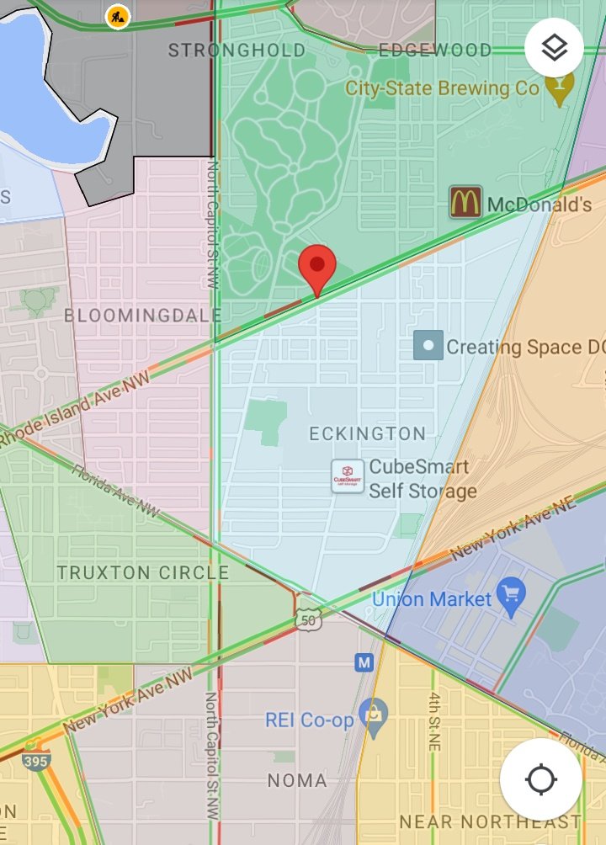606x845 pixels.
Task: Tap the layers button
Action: (x=554, y=48)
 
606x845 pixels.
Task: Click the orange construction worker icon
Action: (x=118, y=16)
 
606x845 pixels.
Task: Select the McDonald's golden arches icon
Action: (x=465, y=203)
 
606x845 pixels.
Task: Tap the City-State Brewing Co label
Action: (x=442, y=88)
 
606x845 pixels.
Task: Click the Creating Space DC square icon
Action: (x=428, y=345)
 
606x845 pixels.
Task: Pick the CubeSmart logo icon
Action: (x=348, y=476)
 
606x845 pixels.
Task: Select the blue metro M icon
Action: (x=364, y=662)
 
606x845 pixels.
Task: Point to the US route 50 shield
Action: (x=308, y=619)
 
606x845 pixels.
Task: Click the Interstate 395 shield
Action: (x=36, y=756)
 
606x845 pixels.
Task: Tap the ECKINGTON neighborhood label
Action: (x=367, y=434)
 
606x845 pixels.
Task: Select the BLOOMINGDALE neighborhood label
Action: (x=143, y=316)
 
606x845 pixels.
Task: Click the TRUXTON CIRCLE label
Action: (x=143, y=573)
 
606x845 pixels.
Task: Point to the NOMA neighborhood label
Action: (x=297, y=781)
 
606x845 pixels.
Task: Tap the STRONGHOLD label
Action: (x=237, y=50)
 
